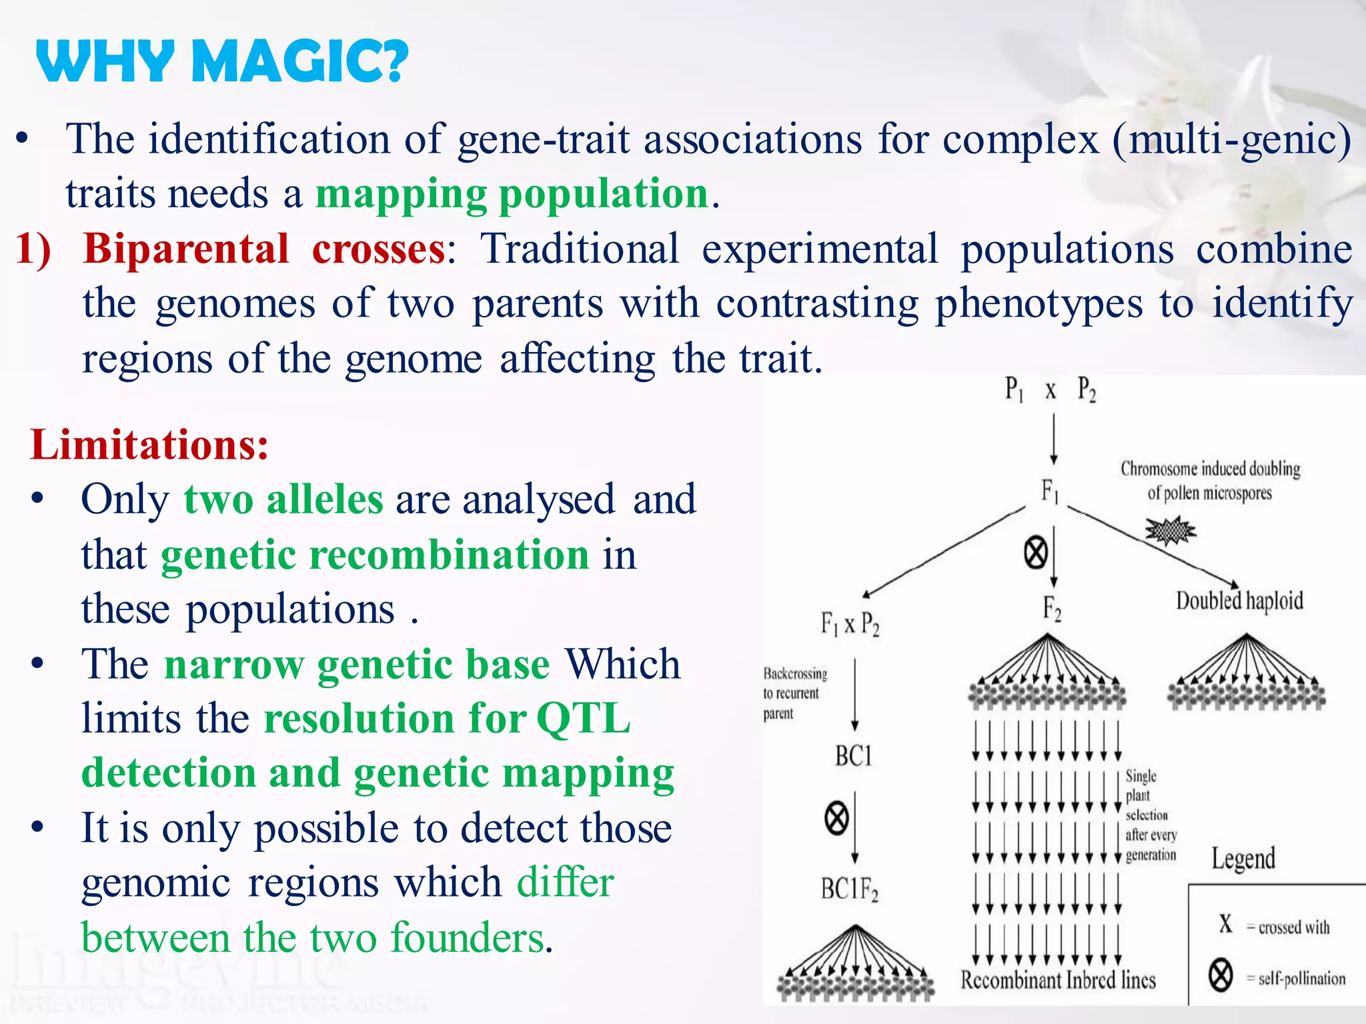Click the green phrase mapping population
(x=512, y=194)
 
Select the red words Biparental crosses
(x=264, y=249)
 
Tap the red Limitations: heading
(x=149, y=445)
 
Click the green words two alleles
(x=284, y=499)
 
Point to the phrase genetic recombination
(x=375, y=555)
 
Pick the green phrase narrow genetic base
(x=357, y=664)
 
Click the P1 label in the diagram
(x=1014, y=389)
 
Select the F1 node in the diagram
(x=1050, y=492)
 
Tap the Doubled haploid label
(x=1239, y=601)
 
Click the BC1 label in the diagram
(x=853, y=756)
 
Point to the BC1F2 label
(x=849, y=889)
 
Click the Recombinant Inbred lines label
(x=1058, y=980)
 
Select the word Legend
(x=1243, y=859)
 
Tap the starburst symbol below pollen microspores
(x=1170, y=531)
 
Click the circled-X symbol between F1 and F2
(x=1035, y=553)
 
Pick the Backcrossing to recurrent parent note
(x=794, y=693)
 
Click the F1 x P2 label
(x=850, y=625)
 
